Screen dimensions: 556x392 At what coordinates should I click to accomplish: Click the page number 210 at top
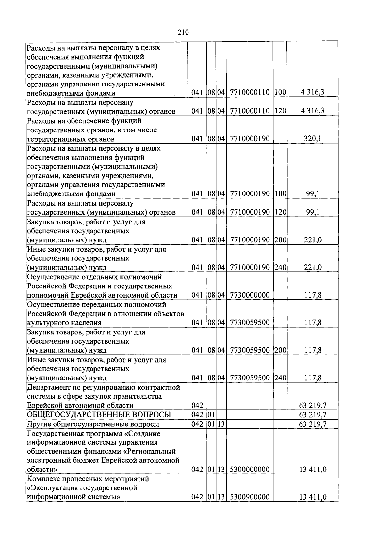pyautogui.click(x=184, y=32)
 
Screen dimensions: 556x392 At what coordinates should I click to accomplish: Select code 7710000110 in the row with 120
pyautogui.click(x=250, y=111)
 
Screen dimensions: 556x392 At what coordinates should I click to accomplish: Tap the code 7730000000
pyautogui.click(x=250, y=295)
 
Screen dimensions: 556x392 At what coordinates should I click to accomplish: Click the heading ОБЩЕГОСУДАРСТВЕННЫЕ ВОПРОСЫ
pyautogui.click(x=99, y=415)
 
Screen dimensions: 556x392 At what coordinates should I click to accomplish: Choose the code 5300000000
pyautogui.click(x=250, y=470)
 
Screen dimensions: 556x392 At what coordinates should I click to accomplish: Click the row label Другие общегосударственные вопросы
pyautogui.click(x=93, y=424)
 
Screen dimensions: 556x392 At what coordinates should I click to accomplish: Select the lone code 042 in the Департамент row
pyautogui.click(x=197, y=406)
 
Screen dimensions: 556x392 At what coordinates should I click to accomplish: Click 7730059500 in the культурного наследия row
pyautogui.click(x=250, y=323)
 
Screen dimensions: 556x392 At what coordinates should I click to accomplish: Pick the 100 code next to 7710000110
pyautogui.click(x=280, y=92)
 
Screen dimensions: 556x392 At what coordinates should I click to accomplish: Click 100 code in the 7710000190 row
pyautogui.click(x=280, y=194)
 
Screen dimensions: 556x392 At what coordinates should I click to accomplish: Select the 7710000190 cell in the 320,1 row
pyautogui.click(x=250, y=139)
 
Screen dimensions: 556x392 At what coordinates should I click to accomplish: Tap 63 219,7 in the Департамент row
pyautogui.click(x=313, y=406)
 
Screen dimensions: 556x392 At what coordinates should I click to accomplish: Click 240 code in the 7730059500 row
pyautogui.click(x=280, y=378)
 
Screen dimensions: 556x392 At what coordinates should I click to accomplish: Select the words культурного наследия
pyautogui.click(x=64, y=323)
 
